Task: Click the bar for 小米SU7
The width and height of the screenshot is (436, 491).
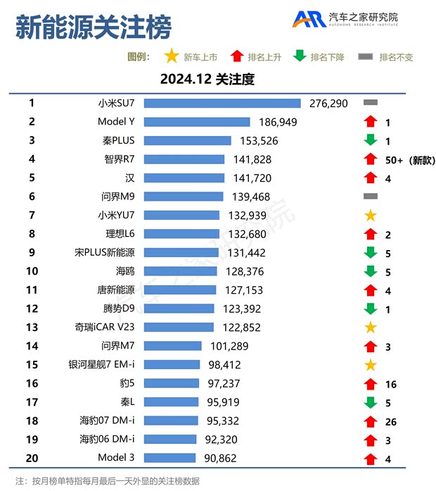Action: [x=222, y=103]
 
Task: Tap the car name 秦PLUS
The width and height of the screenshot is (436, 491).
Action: [x=117, y=140]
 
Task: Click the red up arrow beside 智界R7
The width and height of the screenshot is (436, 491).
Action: [x=371, y=160]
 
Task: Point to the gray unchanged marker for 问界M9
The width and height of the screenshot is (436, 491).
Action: [x=371, y=197]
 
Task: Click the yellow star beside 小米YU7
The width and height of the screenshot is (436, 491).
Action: [x=371, y=216]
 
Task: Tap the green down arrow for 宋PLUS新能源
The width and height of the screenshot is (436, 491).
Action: [x=371, y=253]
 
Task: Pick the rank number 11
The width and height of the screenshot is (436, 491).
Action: [x=32, y=290]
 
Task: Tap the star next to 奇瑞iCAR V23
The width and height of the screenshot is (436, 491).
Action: [x=371, y=328]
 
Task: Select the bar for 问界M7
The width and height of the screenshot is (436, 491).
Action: [x=173, y=346]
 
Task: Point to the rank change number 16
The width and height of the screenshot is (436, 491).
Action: [x=391, y=384]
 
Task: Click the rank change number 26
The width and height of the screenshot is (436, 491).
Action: [x=391, y=421]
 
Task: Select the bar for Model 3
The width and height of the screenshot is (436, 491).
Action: [x=169, y=458]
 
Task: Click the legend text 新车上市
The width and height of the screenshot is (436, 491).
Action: [x=200, y=57]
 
